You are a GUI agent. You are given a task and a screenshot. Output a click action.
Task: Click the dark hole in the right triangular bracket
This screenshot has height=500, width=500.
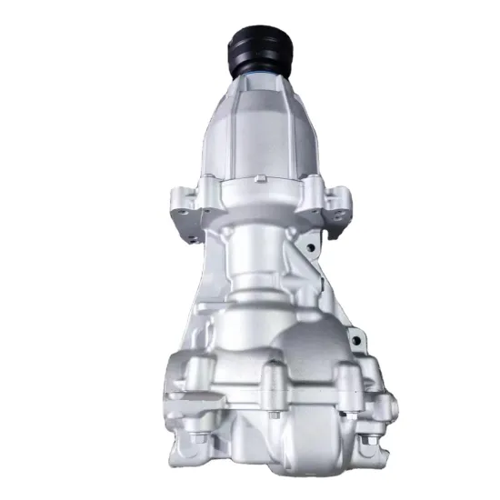310,246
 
